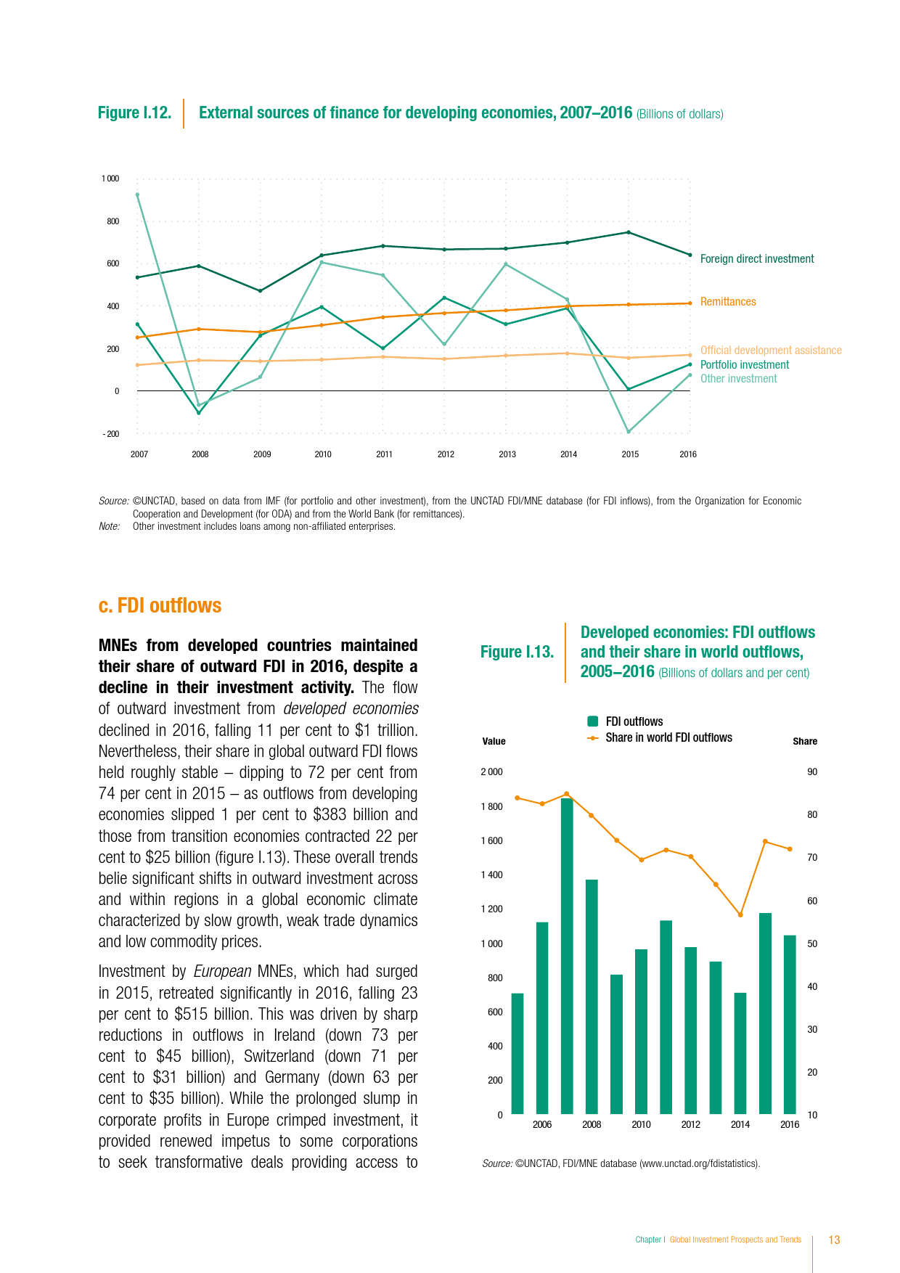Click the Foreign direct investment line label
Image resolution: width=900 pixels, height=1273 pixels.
[x=757, y=259]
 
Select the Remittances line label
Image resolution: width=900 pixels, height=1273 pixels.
[x=728, y=302]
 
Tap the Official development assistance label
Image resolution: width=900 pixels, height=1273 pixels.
[x=771, y=351]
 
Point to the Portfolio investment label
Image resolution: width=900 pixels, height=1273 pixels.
[x=745, y=365]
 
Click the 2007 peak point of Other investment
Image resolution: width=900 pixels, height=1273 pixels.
[x=137, y=195]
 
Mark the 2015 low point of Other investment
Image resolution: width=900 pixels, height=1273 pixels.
[x=629, y=432]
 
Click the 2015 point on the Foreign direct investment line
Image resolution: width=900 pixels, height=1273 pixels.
[x=629, y=232]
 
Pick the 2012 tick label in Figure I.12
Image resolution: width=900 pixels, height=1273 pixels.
[x=446, y=454]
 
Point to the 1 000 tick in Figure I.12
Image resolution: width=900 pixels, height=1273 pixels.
[x=110, y=179]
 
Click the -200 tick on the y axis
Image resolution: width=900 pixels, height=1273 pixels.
[x=111, y=434]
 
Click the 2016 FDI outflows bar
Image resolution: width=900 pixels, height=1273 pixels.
[x=790, y=1024]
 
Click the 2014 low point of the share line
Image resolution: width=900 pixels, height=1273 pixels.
[x=740, y=914]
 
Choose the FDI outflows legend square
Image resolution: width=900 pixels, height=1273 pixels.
[x=593, y=721]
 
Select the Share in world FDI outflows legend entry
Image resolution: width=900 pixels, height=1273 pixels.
[x=668, y=737]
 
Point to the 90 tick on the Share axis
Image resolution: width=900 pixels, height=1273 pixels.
[x=812, y=772]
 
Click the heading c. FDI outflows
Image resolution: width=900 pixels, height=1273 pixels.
[x=160, y=606]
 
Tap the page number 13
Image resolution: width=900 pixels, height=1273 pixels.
[x=834, y=1240]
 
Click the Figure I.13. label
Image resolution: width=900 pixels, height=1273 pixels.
[x=517, y=652]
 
